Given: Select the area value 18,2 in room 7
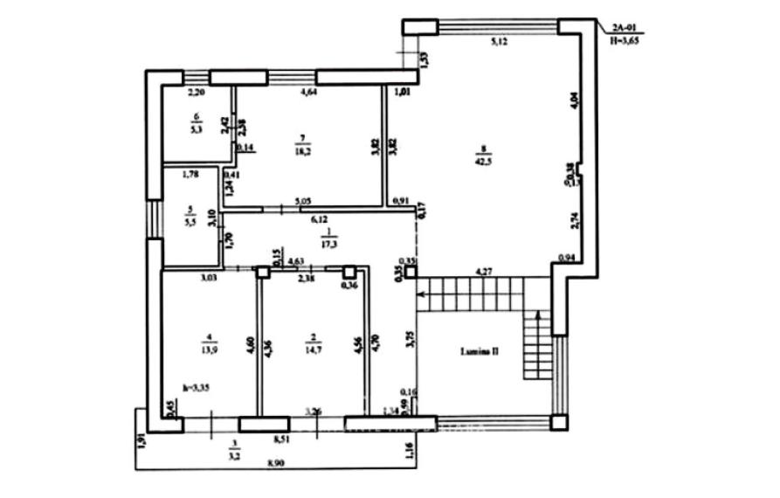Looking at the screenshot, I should [x=304, y=150].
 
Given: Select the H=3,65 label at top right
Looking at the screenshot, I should [x=625, y=39].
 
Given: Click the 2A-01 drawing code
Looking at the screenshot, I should [x=622, y=29].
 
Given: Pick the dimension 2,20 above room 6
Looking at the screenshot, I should [x=197, y=91].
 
